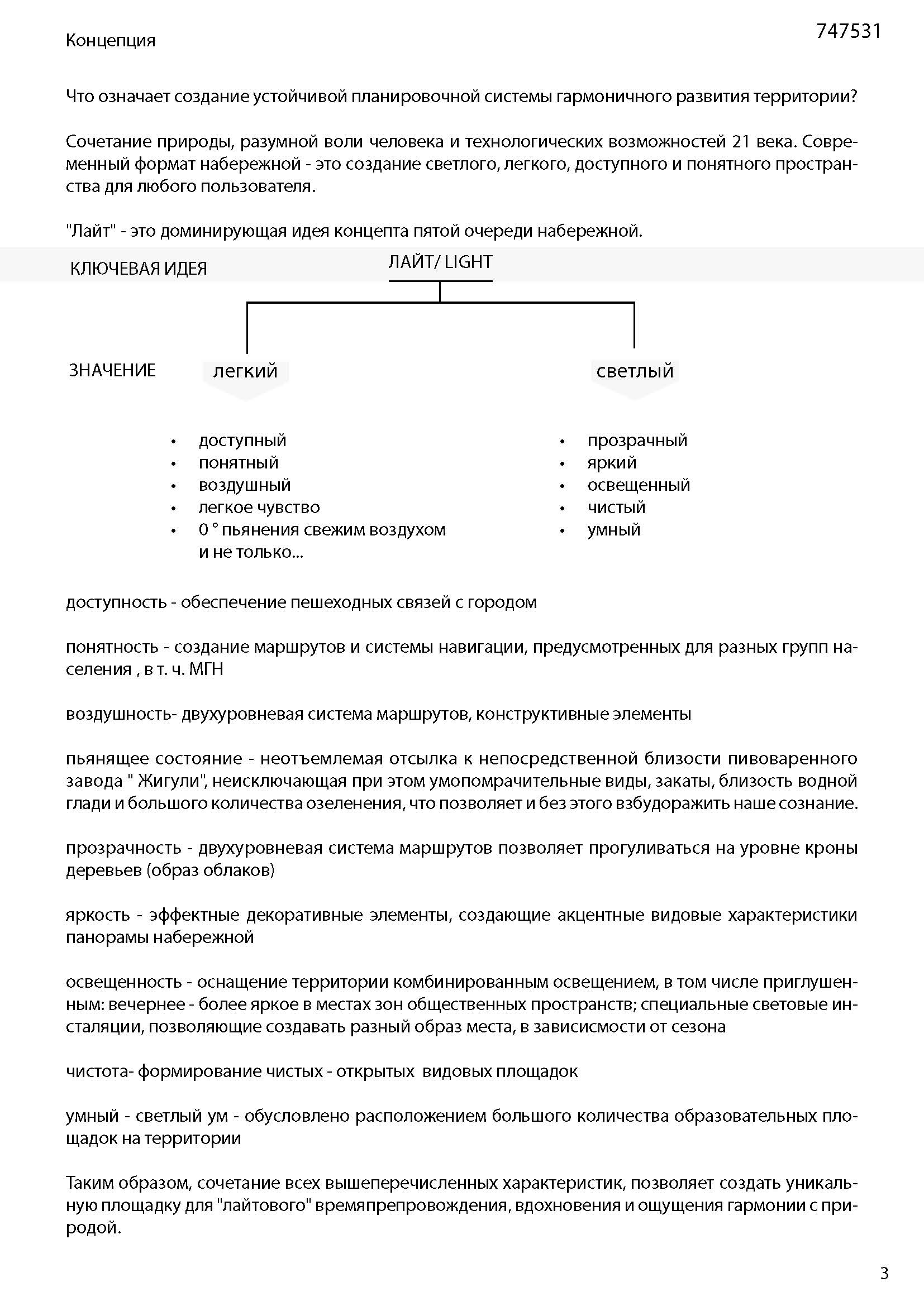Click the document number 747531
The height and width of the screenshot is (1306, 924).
848,31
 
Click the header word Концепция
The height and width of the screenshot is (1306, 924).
111,40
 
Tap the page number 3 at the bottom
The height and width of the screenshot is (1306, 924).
884,1272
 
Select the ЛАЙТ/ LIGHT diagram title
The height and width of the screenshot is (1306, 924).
440,262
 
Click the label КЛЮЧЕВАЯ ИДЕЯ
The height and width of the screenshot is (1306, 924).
138,269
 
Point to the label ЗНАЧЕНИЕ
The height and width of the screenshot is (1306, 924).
112,370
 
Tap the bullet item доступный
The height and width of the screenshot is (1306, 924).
242,440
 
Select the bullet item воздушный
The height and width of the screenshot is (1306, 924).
245,485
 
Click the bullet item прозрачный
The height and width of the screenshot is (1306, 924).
637,440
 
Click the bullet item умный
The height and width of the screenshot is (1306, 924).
614,529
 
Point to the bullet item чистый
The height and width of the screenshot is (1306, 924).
616,508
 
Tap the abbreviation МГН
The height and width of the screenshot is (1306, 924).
206,669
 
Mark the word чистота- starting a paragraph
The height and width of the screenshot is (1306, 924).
99,1071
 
